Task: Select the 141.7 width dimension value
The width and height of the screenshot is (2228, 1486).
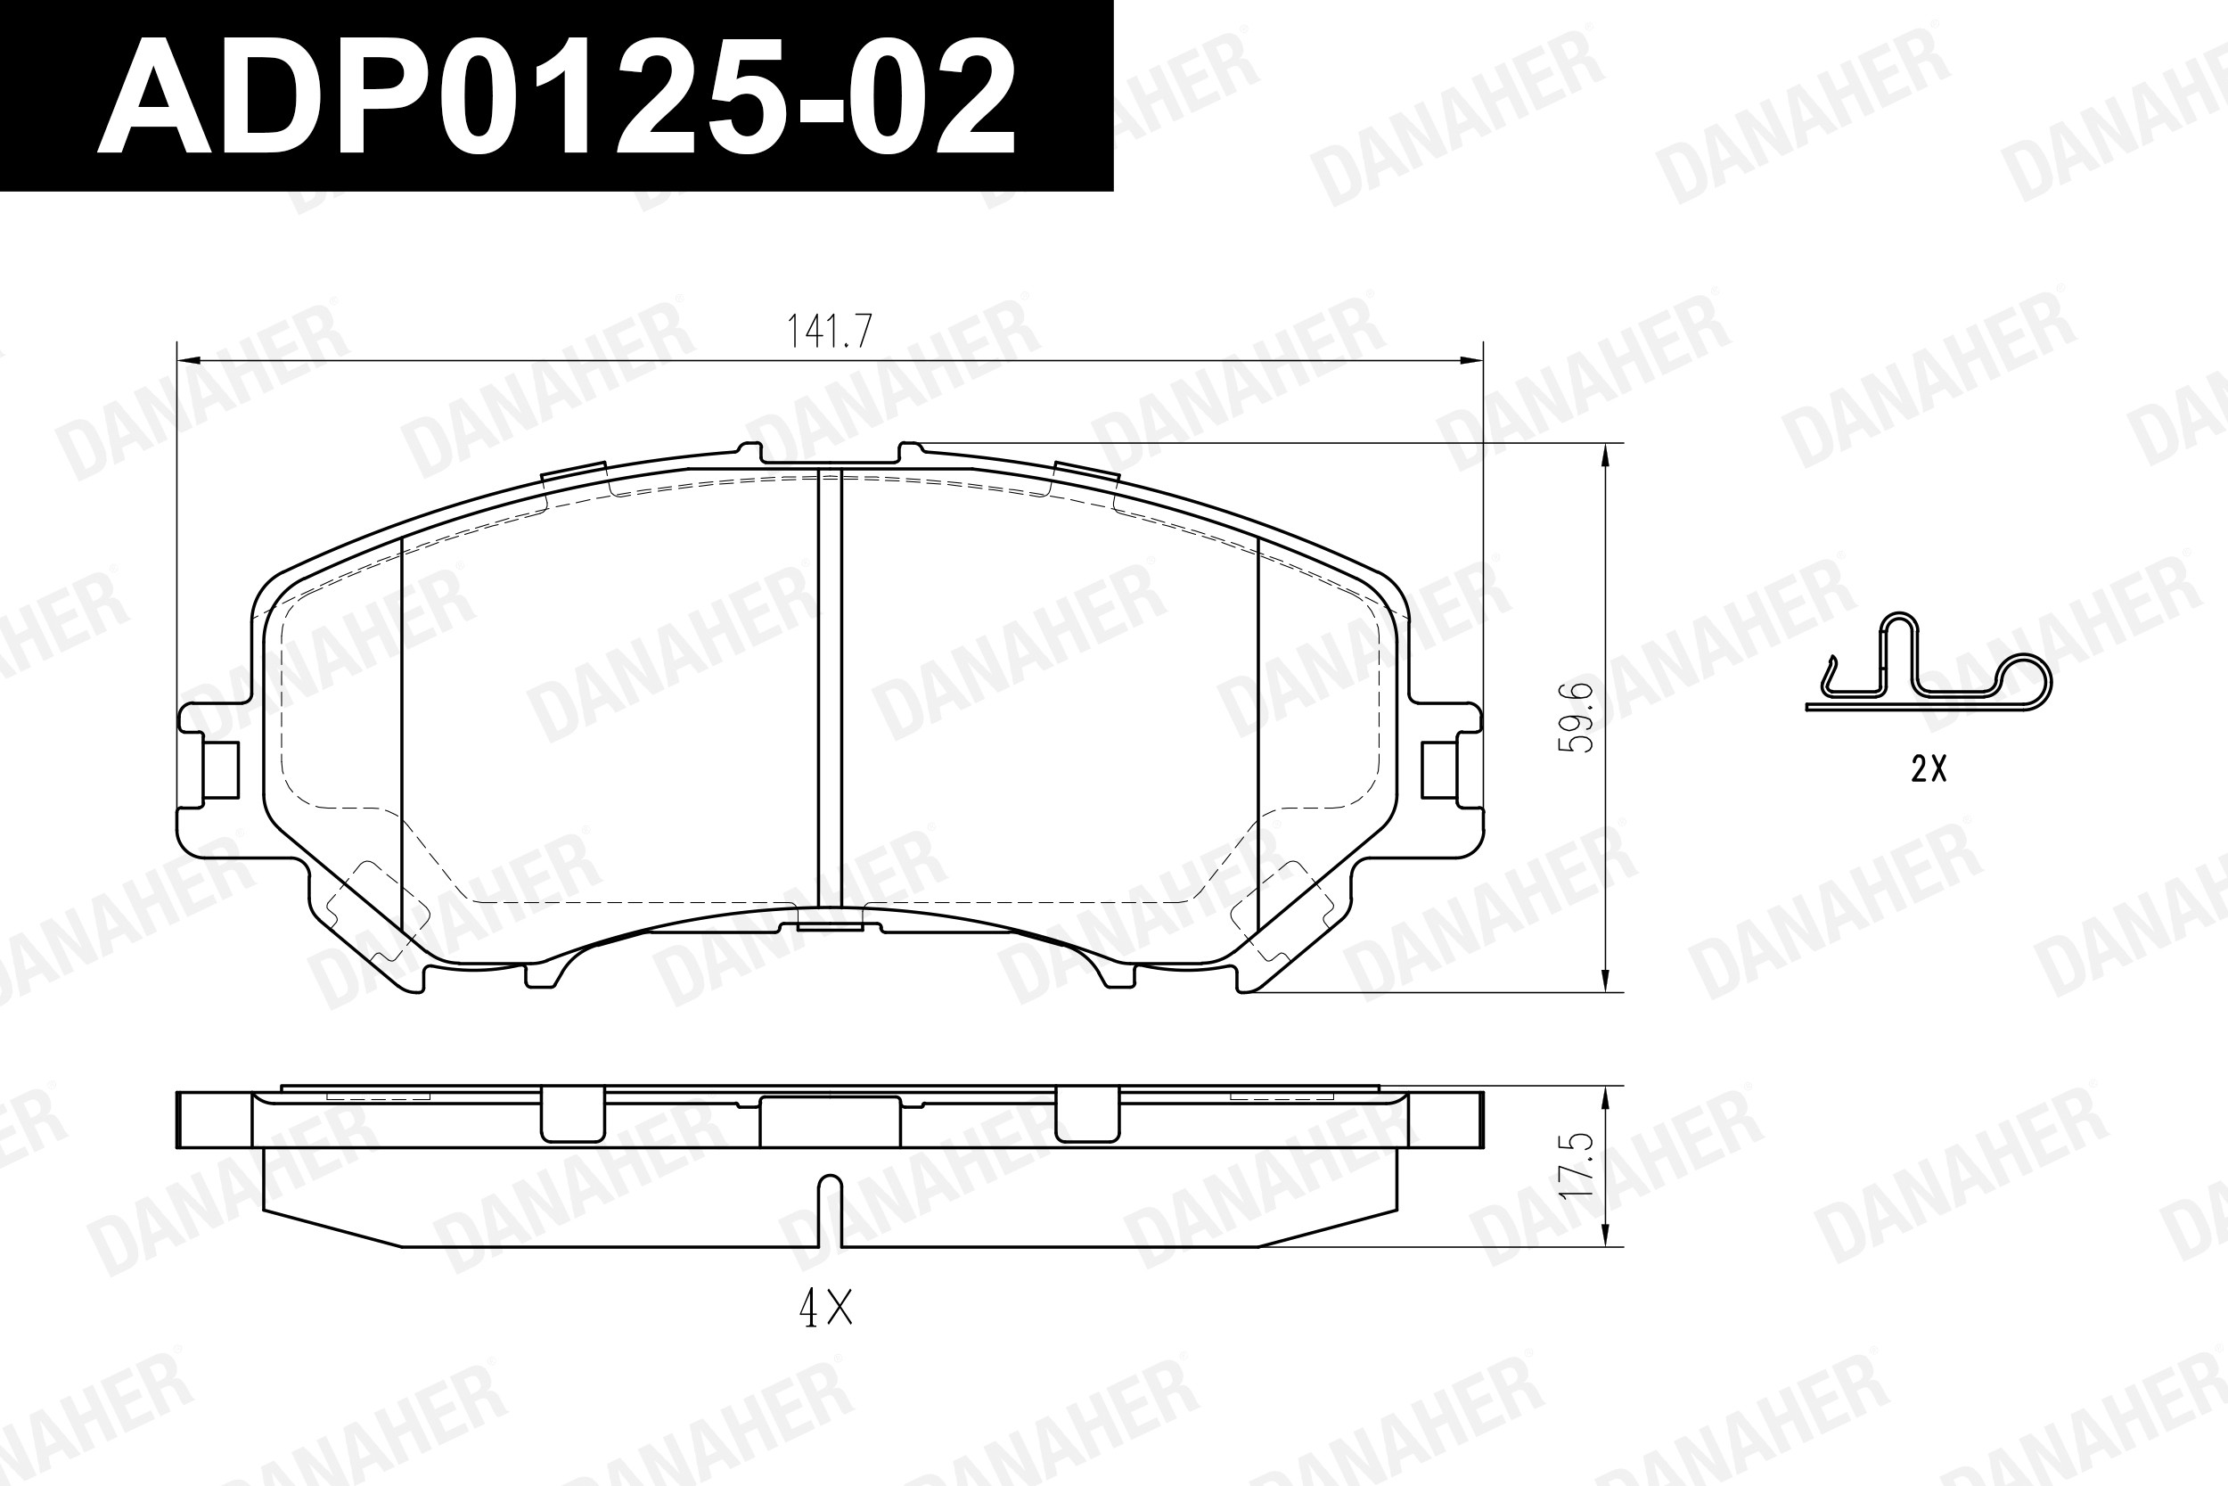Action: click(829, 331)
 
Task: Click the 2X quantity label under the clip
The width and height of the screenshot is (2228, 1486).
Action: click(1929, 768)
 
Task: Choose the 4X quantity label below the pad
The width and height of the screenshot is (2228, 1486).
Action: click(826, 1309)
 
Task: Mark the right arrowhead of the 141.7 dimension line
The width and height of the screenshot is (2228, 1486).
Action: click(1470, 360)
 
